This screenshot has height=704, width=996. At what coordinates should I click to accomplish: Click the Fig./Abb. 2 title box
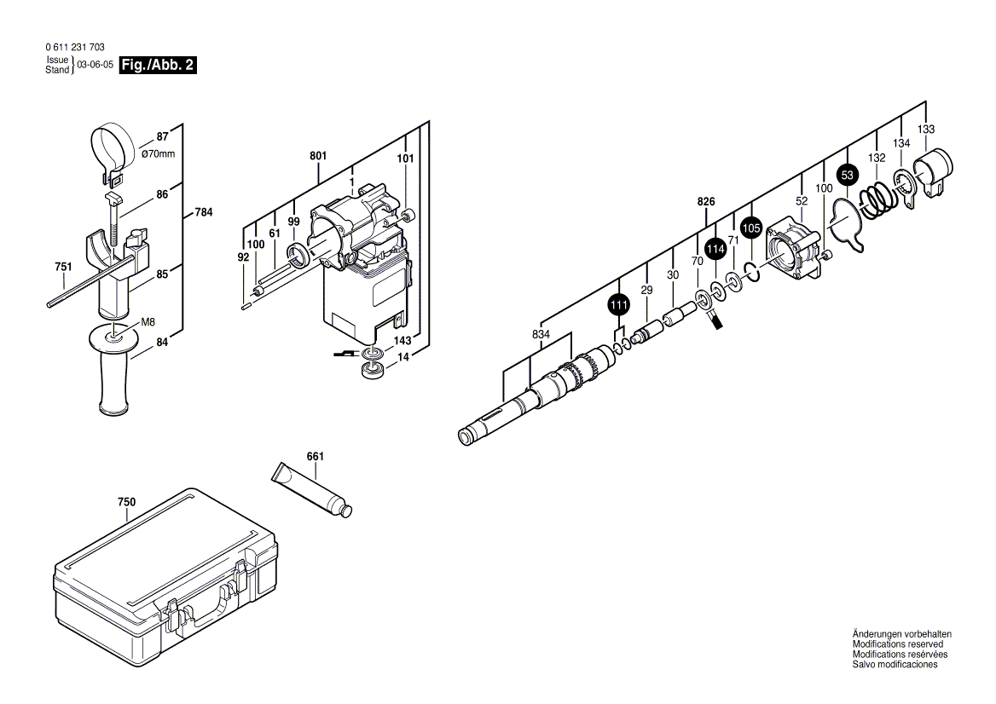(x=158, y=65)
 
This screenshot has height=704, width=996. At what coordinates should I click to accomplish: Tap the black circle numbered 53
(x=846, y=176)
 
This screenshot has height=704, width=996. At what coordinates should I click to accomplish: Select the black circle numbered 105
(x=750, y=228)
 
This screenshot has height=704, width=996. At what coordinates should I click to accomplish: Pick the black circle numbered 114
(x=715, y=248)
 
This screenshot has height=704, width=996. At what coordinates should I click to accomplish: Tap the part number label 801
(x=317, y=157)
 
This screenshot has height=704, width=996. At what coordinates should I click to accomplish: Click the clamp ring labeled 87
(x=112, y=147)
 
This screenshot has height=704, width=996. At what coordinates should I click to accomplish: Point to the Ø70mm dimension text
(x=158, y=153)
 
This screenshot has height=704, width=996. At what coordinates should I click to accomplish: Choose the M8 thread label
(x=148, y=321)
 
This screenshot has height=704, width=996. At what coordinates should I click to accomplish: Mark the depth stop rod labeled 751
(x=85, y=286)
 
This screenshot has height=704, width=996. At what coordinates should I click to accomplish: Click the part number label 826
(x=705, y=202)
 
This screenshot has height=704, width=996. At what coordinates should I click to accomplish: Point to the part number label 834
(x=540, y=335)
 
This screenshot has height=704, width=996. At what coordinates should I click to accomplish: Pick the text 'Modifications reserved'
(x=897, y=644)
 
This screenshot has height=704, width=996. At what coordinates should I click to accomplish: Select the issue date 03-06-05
(x=95, y=65)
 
